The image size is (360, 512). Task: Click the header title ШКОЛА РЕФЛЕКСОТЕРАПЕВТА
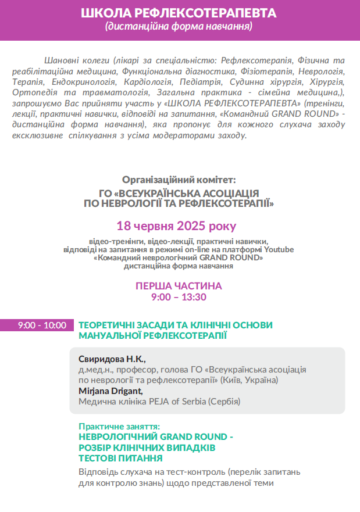(179, 13)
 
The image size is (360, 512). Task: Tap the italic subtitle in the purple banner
(179, 27)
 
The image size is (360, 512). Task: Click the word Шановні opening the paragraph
(61, 60)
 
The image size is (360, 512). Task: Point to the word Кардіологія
(139, 83)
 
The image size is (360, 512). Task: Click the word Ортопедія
(33, 94)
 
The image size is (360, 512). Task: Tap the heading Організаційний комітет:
(179, 180)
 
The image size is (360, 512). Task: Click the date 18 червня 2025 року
(177, 225)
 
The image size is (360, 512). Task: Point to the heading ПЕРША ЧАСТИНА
(179, 287)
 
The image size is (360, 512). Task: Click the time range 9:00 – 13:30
(179, 297)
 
